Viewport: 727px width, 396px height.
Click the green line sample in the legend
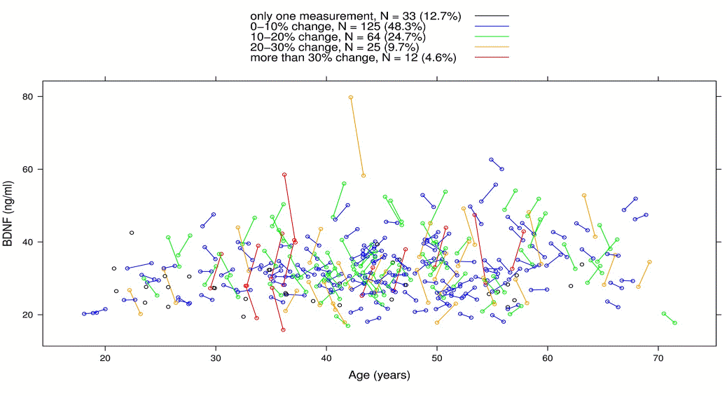(x=491, y=36)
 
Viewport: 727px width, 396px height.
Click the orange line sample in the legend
(x=491, y=47)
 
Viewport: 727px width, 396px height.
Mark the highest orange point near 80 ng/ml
(x=351, y=97)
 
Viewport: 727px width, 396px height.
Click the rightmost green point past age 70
(x=674, y=322)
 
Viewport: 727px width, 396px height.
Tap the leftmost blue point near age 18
(x=84, y=314)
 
